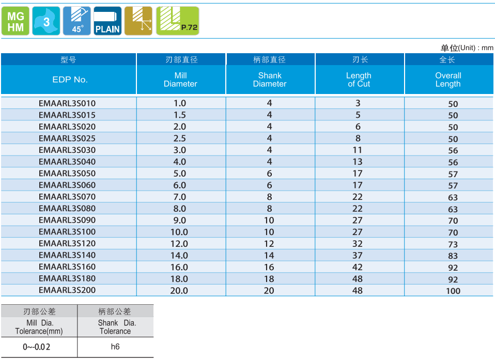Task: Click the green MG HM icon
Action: [x=16, y=21]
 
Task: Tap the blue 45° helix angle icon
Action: [x=76, y=21]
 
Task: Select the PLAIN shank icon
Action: [x=107, y=21]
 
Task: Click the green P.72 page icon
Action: [x=177, y=21]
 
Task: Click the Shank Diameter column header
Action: [x=270, y=80]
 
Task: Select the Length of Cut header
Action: [x=359, y=80]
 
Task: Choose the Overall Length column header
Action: [x=448, y=80]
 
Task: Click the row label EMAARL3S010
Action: [x=67, y=103]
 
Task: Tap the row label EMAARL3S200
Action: [x=67, y=290]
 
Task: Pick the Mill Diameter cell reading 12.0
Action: [x=179, y=244]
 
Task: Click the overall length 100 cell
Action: [x=453, y=291]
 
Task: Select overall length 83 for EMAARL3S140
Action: [x=453, y=256]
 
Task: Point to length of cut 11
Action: [x=358, y=150]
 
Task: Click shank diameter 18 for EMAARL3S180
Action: [x=269, y=279]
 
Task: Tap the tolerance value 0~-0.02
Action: [x=37, y=347]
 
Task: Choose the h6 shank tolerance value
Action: [x=115, y=347]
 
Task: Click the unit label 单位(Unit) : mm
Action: [x=467, y=48]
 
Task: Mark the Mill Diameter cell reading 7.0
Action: [x=179, y=197]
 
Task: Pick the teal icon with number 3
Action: [x=47, y=21]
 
